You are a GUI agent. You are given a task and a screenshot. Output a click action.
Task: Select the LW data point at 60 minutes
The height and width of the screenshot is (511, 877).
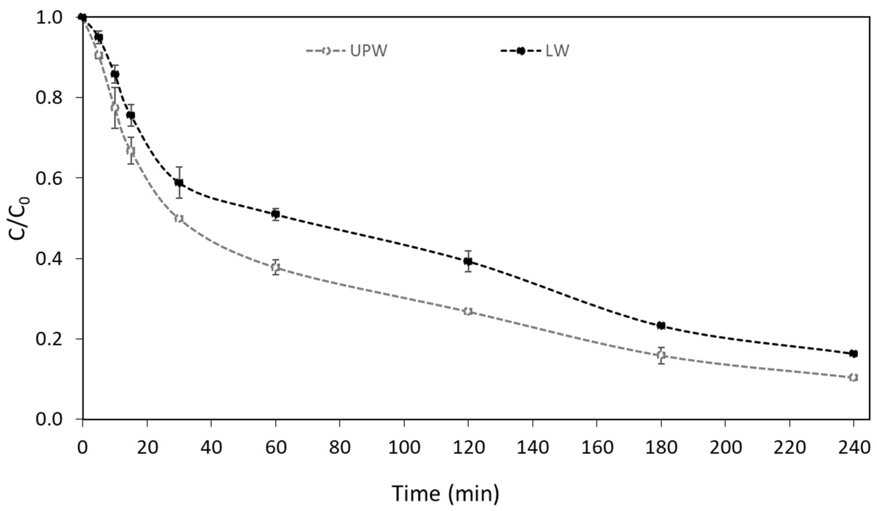coord(275,214)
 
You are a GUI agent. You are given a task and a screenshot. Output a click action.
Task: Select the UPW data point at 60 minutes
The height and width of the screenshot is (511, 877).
coord(275,267)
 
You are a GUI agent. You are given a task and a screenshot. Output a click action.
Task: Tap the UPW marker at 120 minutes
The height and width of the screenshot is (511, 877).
coord(468,311)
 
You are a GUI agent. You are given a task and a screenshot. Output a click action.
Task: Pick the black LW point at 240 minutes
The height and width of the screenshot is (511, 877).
coord(853,353)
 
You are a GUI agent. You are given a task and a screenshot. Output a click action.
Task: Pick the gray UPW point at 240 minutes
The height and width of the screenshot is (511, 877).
coord(853,377)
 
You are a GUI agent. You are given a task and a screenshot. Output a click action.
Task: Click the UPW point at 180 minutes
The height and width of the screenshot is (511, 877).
coord(661,355)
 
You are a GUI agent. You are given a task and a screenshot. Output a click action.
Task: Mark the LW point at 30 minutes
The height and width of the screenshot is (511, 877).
coord(179,182)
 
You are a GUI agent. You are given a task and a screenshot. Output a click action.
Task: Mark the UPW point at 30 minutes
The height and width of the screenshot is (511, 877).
coord(179,218)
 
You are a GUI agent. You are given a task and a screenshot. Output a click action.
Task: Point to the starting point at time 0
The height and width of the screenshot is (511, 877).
coord(82,17)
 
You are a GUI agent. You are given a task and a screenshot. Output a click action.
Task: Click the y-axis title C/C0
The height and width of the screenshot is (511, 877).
coord(19,218)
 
